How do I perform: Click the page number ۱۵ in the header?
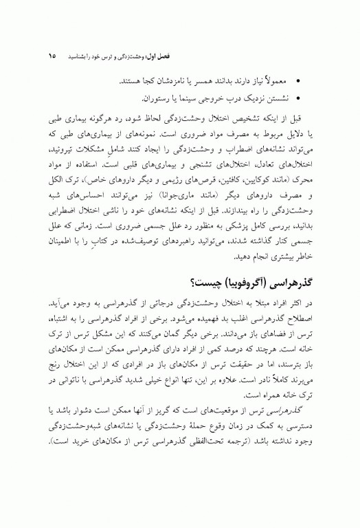(x=52, y=54)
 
